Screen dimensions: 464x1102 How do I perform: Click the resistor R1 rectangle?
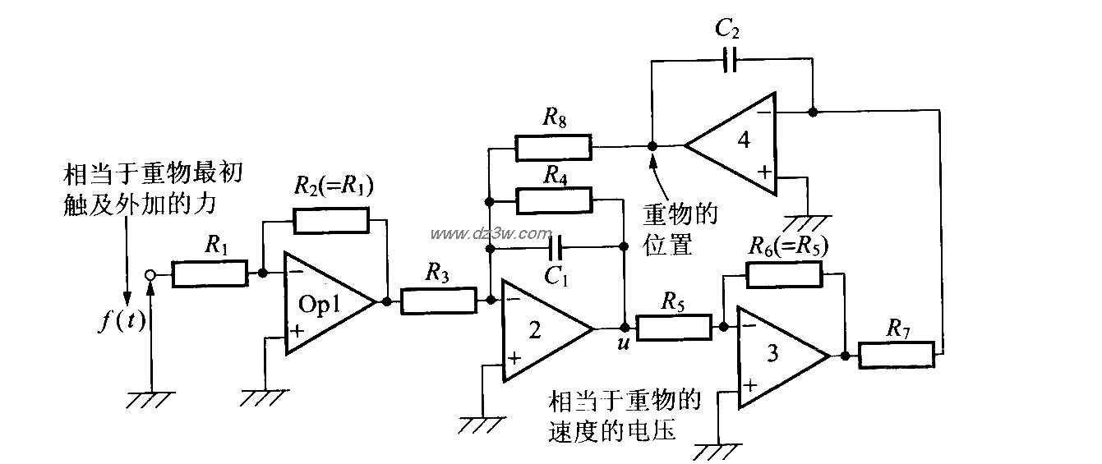[x=210, y=273]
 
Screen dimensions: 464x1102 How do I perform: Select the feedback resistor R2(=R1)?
[x=331, y=220]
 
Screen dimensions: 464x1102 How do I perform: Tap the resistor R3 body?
[x=438, y=301]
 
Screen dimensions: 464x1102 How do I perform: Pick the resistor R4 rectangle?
[x=553, y=199]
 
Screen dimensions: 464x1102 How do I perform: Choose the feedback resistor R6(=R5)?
[x=784, y=274]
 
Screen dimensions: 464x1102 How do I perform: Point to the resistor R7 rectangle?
[x=897, y=356]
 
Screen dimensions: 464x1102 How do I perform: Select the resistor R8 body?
[x=553, y=147]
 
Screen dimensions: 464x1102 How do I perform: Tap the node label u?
[x=623, y=343]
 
